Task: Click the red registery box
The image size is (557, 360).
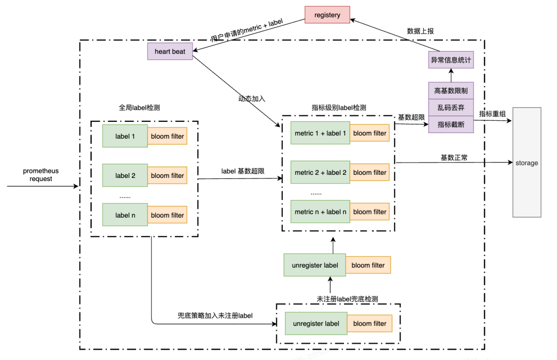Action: click(x=327, y=15)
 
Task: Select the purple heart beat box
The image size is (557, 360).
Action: click(x=170, y=52)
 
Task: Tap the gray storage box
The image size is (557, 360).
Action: click(x=527, y=162)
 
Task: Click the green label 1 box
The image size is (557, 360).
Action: click(x=125, y=136)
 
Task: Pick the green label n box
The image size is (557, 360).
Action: click(x=125, y=215)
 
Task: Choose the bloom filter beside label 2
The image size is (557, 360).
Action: click(x=167, y=175)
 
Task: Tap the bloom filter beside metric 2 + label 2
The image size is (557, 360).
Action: click(x=369, y=172)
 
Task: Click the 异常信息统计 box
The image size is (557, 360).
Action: click(x=451, y=60)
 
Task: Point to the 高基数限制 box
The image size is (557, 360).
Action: click(x=451, y=90)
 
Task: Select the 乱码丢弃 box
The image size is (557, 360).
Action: click(x=451, y=107)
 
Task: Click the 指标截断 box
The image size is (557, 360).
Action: click(x=451, y=124)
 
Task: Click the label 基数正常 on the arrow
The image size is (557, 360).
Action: click(x=454, y=157)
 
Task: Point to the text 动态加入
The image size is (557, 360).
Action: click(x=252, y=99)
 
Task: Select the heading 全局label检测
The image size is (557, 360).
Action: click(x=139, y=108)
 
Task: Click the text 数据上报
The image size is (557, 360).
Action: click(x=420, y=31)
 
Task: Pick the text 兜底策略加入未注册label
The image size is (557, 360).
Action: click(x=215, y=315)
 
